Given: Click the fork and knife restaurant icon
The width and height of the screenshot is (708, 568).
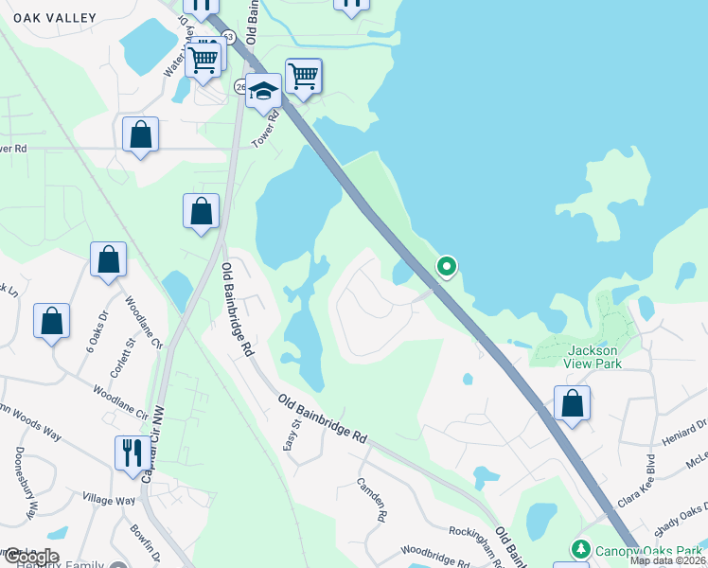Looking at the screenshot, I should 130,452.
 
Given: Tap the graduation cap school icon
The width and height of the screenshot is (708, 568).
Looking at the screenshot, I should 263,91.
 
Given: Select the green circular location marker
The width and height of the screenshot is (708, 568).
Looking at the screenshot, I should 446,267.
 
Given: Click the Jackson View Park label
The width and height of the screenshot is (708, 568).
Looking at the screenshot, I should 594,356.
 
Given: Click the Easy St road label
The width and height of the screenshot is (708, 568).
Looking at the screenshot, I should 290,436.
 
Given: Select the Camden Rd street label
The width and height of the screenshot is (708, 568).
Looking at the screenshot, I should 372,500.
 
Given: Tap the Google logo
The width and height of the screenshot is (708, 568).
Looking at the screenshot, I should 30,556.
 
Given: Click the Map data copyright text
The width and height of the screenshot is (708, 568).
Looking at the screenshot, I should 668,560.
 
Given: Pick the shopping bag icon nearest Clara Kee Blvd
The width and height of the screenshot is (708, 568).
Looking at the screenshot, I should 572,403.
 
